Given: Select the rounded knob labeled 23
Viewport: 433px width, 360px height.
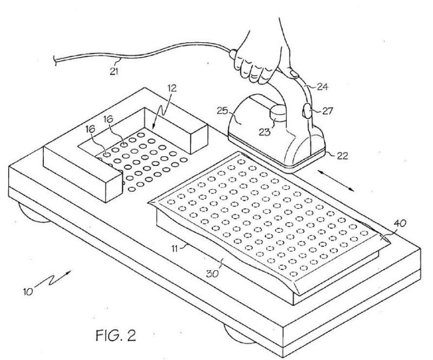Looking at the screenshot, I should click(x=278, y=115).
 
